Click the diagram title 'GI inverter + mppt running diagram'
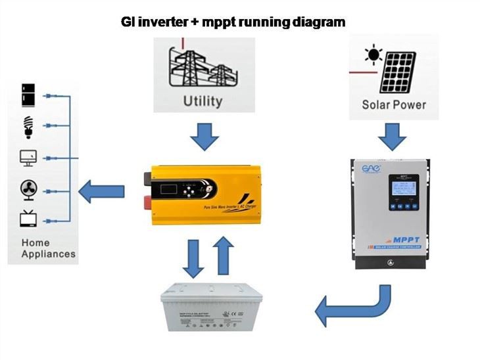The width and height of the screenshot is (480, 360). pos(233,22)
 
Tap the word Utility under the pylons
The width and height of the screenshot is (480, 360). pos(202,101)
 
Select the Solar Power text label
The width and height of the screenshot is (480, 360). pos(394,104)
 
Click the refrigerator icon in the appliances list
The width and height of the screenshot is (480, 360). pos(28,95)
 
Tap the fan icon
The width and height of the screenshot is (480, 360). pos(28,190)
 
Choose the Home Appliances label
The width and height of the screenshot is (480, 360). pos(48,248)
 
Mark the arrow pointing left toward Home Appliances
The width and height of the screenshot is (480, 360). pos(101,192)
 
